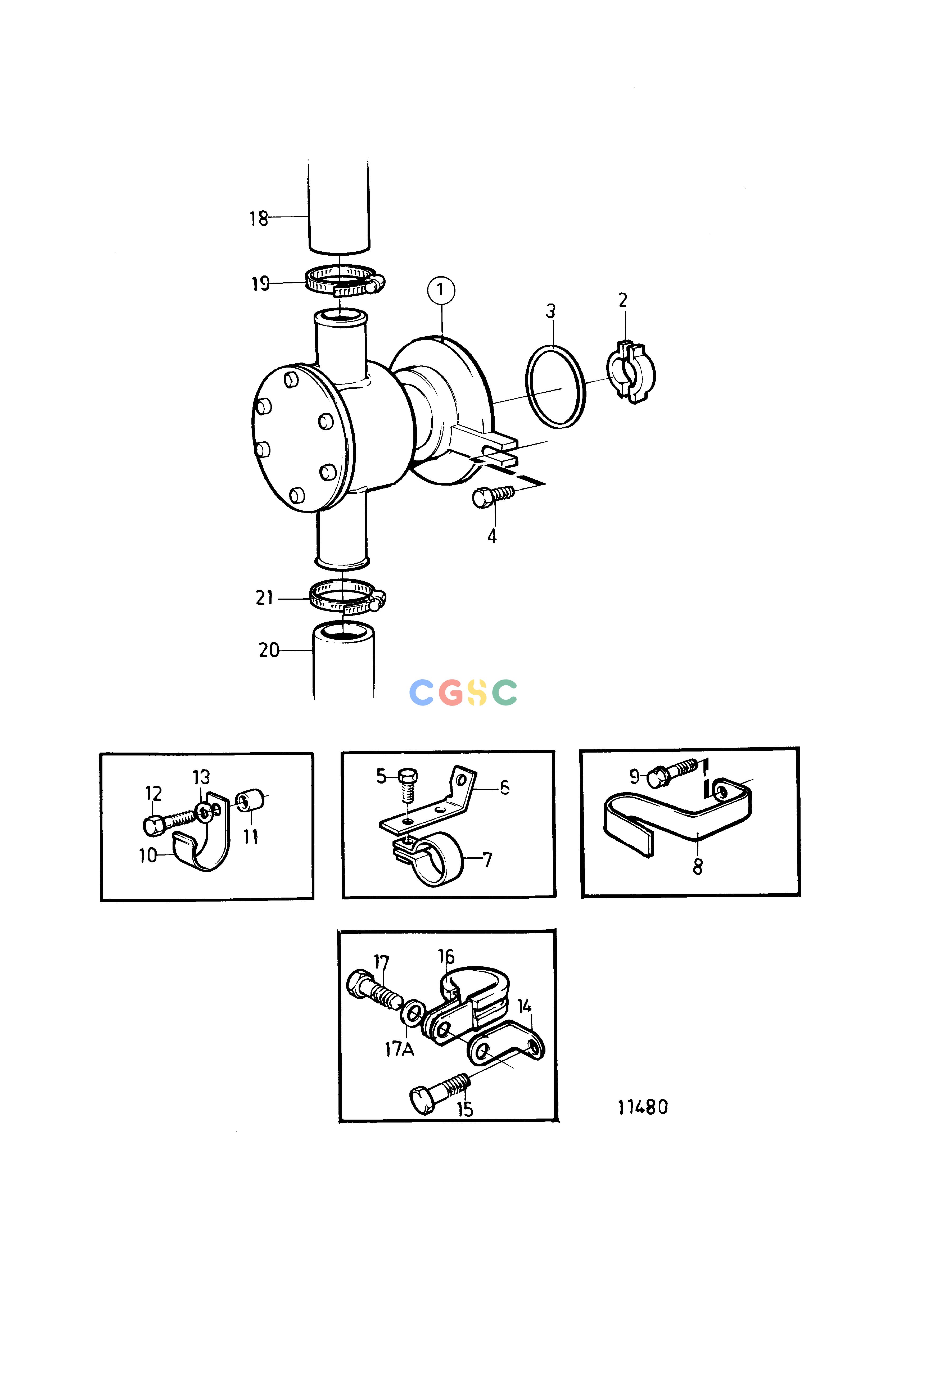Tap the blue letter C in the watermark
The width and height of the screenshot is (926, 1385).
point(422,692)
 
